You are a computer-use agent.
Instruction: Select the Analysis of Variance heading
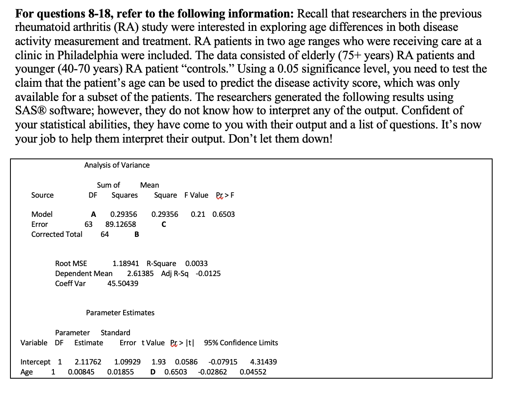click(x=117, y=165)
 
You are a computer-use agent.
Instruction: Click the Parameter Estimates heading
click(x=120, y=313)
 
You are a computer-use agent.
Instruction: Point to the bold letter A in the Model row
click(x=94, y=214)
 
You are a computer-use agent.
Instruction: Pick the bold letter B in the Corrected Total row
click(x=137, y=234)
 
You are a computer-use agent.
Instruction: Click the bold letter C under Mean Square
click(x=164, y=224)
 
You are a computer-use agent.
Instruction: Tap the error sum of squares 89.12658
click(x=121, y=224)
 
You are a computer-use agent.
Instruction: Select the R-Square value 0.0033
click(x=196, y=264)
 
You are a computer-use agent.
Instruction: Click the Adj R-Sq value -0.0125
click(x=208, y=274)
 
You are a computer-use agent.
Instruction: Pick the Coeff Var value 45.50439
click(x=123, y=284)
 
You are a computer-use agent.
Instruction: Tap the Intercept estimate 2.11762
click(x=88, y=362)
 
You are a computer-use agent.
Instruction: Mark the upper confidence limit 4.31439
click(x=263, y=362)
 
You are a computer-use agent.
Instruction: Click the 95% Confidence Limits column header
click(x=241, y=343)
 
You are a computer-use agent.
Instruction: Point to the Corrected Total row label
click(x=57, y=234)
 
